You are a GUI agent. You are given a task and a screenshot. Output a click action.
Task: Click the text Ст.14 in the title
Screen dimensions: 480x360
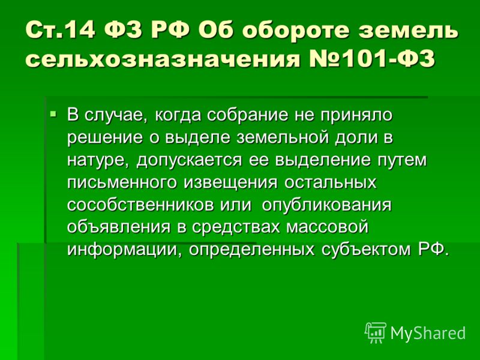[61, 30]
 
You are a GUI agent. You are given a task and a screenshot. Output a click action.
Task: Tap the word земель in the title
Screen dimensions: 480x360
[409, 31]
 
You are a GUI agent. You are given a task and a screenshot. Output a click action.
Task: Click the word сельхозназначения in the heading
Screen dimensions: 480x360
[162, 58]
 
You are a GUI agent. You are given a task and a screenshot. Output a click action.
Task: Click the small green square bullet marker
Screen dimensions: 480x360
[53, 115]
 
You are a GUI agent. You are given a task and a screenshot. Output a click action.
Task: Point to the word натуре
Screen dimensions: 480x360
[100, 160]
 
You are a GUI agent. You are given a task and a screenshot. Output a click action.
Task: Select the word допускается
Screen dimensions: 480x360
[189, 160]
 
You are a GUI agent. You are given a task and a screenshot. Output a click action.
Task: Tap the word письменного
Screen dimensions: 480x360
[122, 183]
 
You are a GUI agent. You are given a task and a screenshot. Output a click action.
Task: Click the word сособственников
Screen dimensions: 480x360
[140, 205]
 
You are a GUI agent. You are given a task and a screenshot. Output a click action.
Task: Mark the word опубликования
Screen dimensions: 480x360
[326, 205]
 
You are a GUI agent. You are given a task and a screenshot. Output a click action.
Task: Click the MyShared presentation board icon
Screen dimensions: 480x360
[376, 332]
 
